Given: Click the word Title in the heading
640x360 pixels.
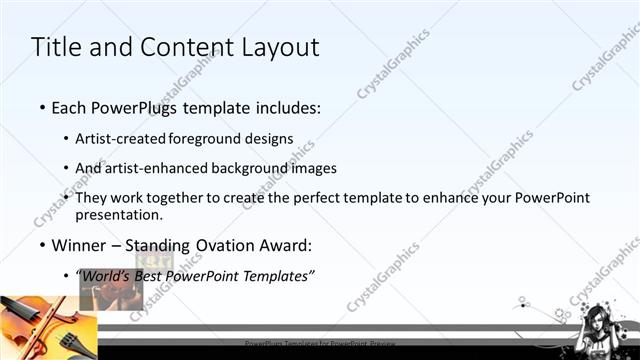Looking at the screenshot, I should pos(55,47).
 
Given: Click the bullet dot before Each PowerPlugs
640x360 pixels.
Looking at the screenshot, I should pos(41,107).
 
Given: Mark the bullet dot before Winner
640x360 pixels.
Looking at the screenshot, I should pos(41,245).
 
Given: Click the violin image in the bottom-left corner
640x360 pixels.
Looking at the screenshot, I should pos(45,327).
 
